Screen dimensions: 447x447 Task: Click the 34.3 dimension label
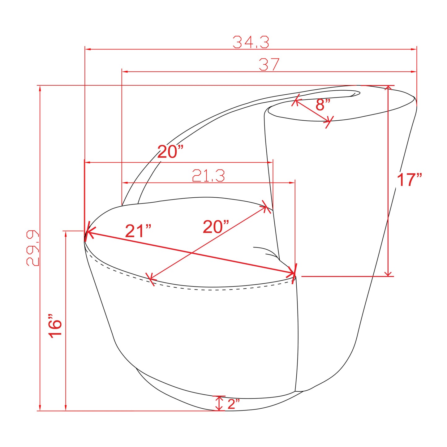click(x=251, y=42)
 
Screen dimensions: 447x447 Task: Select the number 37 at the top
click(x=269, y=64)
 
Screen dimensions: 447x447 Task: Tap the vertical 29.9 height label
click(x=33, y=248)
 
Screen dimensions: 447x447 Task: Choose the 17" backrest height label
click(x=409, y=179)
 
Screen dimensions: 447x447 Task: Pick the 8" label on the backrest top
click(x=323, y=104)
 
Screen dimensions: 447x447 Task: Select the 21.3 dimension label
click(x=208, y=176)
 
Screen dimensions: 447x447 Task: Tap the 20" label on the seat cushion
click(x=216, y=227)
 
